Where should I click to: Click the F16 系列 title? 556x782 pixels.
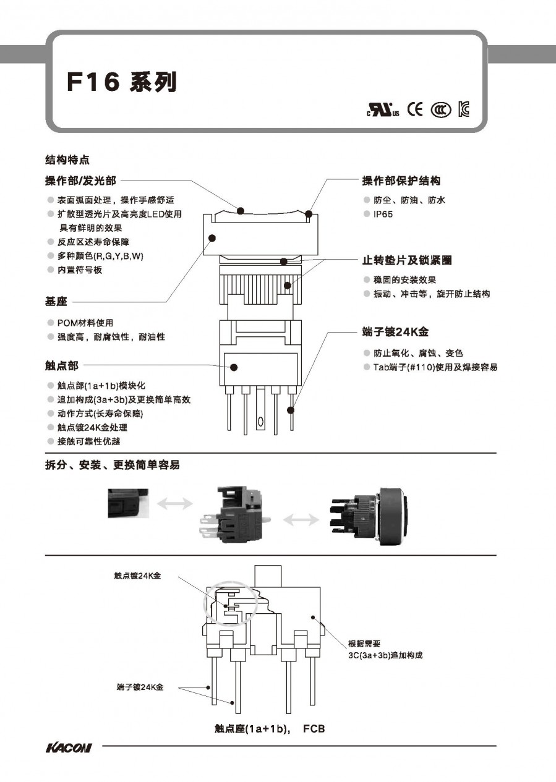(x=121, y=82)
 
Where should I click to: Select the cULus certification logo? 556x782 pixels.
(x=383, y=111)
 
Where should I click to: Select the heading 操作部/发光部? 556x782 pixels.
(x=80, y=181)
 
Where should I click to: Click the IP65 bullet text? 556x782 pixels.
(x=383, y=214)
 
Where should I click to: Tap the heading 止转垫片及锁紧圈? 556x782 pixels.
(x=406, y=261)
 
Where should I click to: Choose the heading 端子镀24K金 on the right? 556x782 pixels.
(x=395, y=332)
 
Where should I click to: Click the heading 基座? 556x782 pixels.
(x=56, y=302)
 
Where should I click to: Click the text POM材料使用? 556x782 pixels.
(x=85, y=323)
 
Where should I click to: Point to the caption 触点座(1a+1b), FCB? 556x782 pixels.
(x=270, y=729)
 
